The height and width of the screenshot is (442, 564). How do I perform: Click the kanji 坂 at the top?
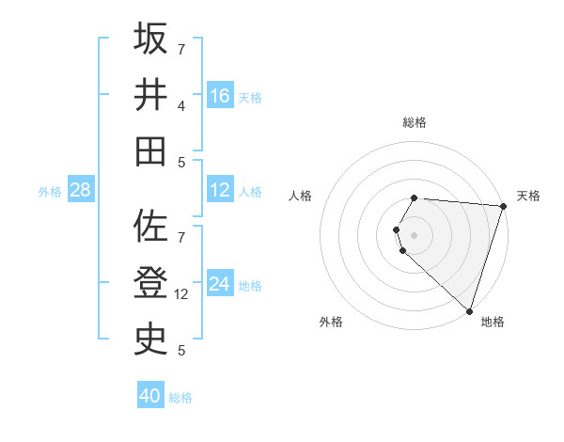click(x=150, y=39)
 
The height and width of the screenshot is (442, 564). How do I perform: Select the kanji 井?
click(x=150, y=96)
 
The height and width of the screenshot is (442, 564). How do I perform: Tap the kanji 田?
click(x=150, y=150)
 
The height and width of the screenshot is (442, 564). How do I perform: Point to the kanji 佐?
click(x=150, y=229)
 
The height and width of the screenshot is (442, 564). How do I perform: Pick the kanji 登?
click(x=150, y=284)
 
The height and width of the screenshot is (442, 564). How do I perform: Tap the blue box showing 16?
click(x=220, y=96)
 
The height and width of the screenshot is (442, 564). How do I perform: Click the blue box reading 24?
click(x=220, y=285)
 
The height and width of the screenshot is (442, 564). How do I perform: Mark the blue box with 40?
click(x=150, y=396)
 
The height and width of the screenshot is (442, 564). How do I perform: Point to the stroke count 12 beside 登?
click(x=182, y=294)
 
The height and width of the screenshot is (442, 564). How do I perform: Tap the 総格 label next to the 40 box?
click(x=180, y=398)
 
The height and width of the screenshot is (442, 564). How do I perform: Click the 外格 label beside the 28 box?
click(x=50, y=192)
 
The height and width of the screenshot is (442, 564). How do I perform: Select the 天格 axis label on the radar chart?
click(x=528, y=196)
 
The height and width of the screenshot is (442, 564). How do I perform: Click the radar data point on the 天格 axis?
click(x=503, y=206)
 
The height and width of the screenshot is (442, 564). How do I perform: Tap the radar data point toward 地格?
click(x=469, y=310)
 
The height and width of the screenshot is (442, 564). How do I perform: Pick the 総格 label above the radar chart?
click(x=415, y=122)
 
